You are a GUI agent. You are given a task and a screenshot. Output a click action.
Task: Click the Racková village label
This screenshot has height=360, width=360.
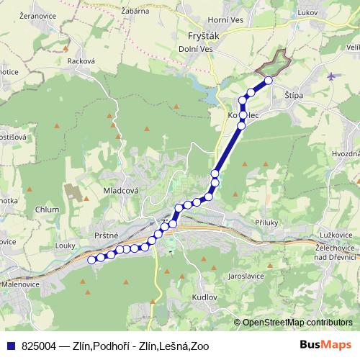pos(81,61)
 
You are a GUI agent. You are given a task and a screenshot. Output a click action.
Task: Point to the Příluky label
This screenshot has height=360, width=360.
pos(267,224)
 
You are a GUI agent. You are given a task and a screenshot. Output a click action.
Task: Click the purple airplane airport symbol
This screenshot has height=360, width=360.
pos(330,76)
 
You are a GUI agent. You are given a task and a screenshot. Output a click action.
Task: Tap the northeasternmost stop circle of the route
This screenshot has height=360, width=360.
pos(269,81)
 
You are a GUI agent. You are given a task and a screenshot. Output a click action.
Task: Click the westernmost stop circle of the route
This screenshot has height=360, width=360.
pos(91,260)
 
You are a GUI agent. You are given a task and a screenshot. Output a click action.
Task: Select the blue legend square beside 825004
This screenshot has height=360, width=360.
pos(11,346)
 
